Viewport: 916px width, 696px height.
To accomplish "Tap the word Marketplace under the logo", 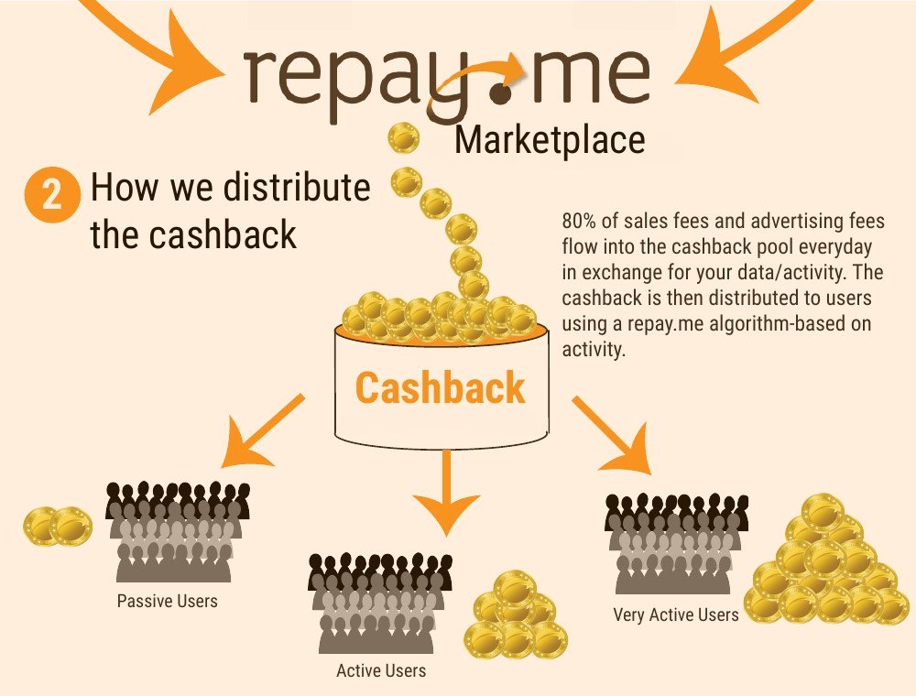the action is (x=550, y=140).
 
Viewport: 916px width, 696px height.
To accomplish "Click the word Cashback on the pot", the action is (x=441, y=387).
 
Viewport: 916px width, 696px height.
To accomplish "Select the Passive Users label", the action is (x=168, y=603).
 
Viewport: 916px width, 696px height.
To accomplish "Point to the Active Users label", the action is (x=381, y=671).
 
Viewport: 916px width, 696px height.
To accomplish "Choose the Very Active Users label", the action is (x=676, y=615).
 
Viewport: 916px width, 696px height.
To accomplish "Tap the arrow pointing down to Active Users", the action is (x=445, y=491).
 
